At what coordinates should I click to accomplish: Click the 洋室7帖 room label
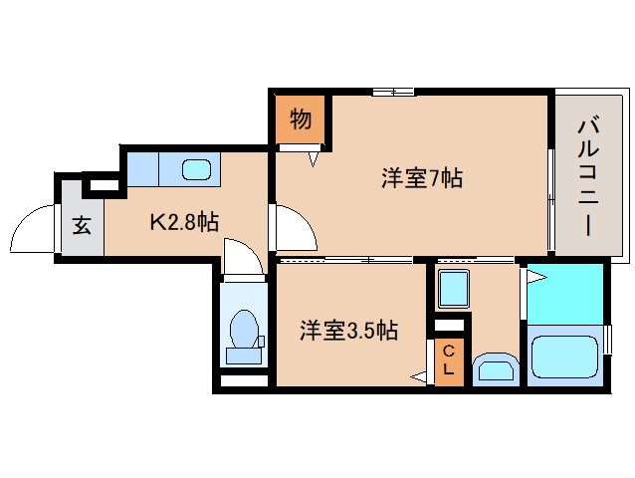[421, 180]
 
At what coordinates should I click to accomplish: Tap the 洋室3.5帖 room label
[348, 331]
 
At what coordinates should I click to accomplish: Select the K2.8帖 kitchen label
[184, 221]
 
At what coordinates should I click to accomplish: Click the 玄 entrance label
[82, 225]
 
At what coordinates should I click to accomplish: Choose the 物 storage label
[301, 119]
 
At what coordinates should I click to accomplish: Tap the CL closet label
[449, 359]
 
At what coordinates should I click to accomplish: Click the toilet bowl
[244, 328]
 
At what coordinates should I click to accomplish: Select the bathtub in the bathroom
[564, 358]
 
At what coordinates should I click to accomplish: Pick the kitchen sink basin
[196, 168]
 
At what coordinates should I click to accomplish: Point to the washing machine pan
[454, 290]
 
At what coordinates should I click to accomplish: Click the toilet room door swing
[243, 257]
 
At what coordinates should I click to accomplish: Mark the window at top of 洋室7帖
[393, 93]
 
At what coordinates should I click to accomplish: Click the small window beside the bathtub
[609, 339]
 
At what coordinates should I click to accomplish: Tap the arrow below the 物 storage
[315, 157]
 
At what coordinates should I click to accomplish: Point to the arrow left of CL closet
[418, 376]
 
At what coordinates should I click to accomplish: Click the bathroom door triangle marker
[534, 272]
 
